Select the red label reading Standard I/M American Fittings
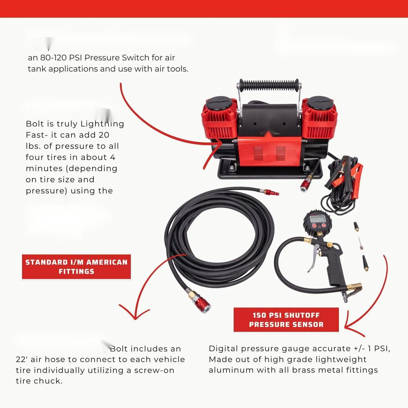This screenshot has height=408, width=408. point(76,267)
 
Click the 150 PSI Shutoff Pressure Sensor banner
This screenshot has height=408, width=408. point(286,320)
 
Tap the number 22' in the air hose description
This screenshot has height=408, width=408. point(21,360)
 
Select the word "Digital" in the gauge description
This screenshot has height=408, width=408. point(223,349)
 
